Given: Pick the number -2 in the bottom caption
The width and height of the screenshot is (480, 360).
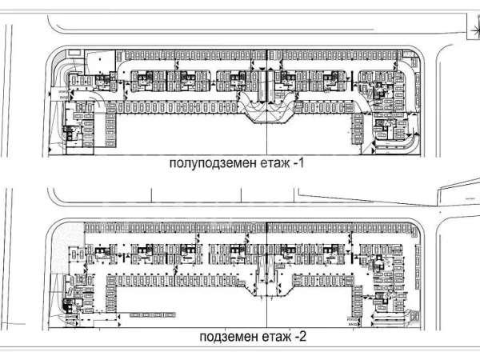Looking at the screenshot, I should pos(300,338).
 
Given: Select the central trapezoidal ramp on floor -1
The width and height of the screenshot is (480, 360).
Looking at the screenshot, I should pos(266,112).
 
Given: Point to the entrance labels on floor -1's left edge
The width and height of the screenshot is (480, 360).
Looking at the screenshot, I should pos(62,96).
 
